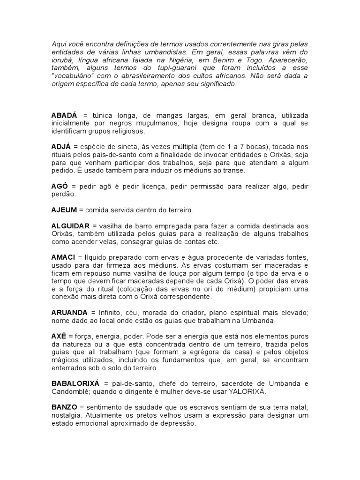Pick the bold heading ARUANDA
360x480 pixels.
pos(69,312)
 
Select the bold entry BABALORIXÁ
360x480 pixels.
pos(78,383)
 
